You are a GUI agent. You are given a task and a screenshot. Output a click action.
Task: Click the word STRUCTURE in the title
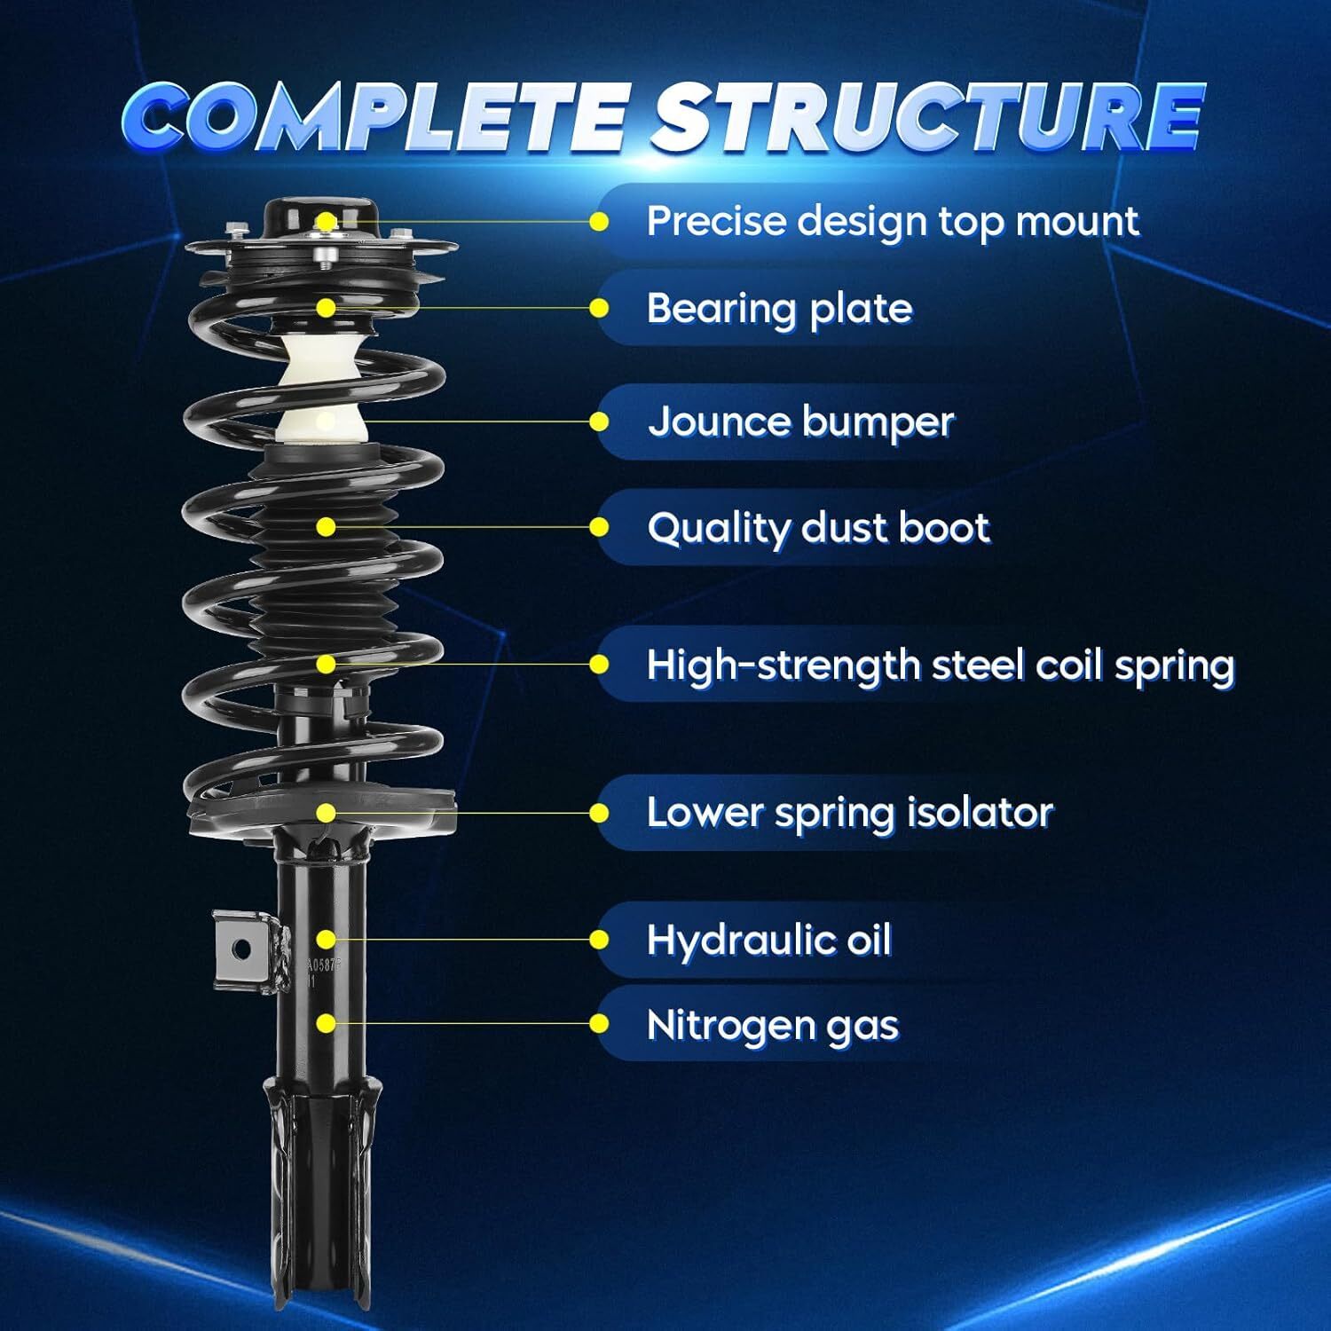pos(927,117)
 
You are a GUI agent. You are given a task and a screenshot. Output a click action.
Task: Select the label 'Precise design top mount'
pos(892,222)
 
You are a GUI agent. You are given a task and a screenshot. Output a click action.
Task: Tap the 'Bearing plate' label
pos(779,309)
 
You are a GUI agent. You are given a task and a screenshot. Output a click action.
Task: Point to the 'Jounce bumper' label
pos(800,421)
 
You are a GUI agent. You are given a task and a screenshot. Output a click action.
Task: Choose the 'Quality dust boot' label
pos(817,528)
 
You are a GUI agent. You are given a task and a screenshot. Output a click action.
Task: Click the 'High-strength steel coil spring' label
pos(940,665)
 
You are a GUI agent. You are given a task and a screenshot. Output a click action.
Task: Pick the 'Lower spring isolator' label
pos(849,813)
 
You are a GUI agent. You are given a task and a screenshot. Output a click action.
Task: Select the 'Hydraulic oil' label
pos(768,940)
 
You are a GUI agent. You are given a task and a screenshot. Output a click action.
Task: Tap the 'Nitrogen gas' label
pos(772,1025)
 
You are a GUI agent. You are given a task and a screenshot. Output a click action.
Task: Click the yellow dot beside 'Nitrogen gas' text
pos(600,1024)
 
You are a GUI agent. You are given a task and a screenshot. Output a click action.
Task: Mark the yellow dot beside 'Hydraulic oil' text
pos(600,940)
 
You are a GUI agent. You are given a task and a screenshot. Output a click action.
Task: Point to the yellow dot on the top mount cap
pos(327,222)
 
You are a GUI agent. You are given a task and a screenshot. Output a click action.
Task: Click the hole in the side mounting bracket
pos(240,950)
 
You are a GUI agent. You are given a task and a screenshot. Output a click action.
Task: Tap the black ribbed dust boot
pos(319,568)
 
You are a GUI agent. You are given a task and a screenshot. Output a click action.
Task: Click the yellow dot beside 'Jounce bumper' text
pos(600,421)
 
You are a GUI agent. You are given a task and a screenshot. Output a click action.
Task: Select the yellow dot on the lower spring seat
pos(327,813)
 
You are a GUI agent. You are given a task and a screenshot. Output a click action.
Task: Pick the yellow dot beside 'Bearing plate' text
pos(600,309)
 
